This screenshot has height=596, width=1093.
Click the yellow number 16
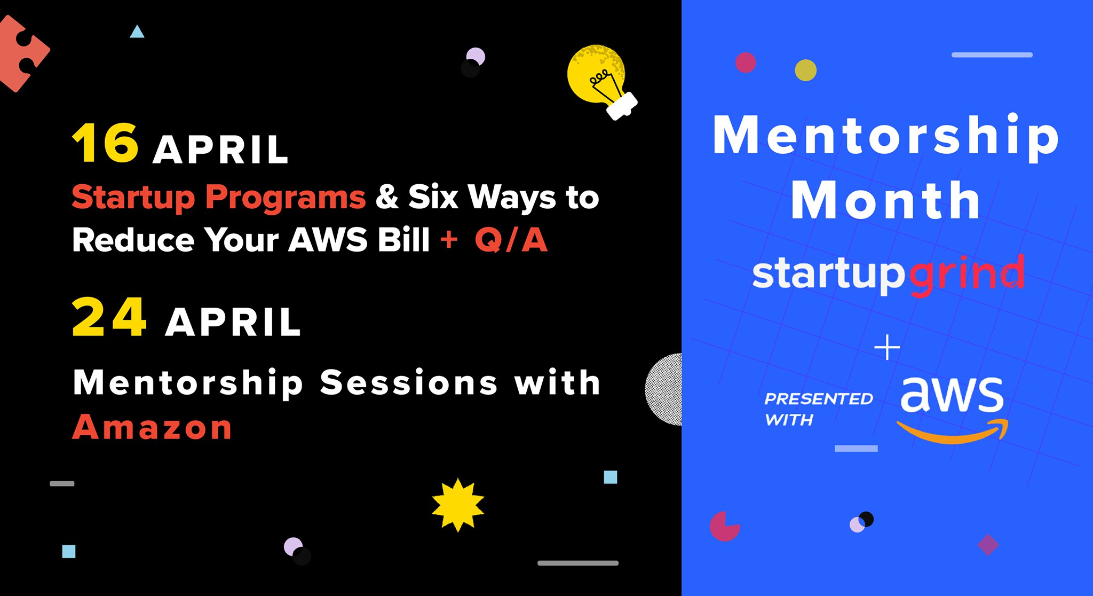click(106, 143)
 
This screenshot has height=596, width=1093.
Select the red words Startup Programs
click(219, 198)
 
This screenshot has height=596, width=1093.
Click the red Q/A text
click(511, 239)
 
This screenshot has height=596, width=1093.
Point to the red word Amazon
click(152, 427)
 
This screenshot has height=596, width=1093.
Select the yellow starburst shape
click(458, 505)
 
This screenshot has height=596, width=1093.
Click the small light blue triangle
click(137, 32)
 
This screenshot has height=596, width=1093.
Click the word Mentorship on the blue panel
click(886, 137)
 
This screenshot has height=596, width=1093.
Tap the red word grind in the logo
click(967, 275)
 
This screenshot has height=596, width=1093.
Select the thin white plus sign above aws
click(887, 348)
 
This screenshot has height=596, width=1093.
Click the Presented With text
click(818, 409)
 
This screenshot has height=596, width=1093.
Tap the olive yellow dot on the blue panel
click(805, 70)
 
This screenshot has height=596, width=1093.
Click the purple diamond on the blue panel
click(988, 545)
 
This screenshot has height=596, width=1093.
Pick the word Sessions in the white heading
click(409, 383)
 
